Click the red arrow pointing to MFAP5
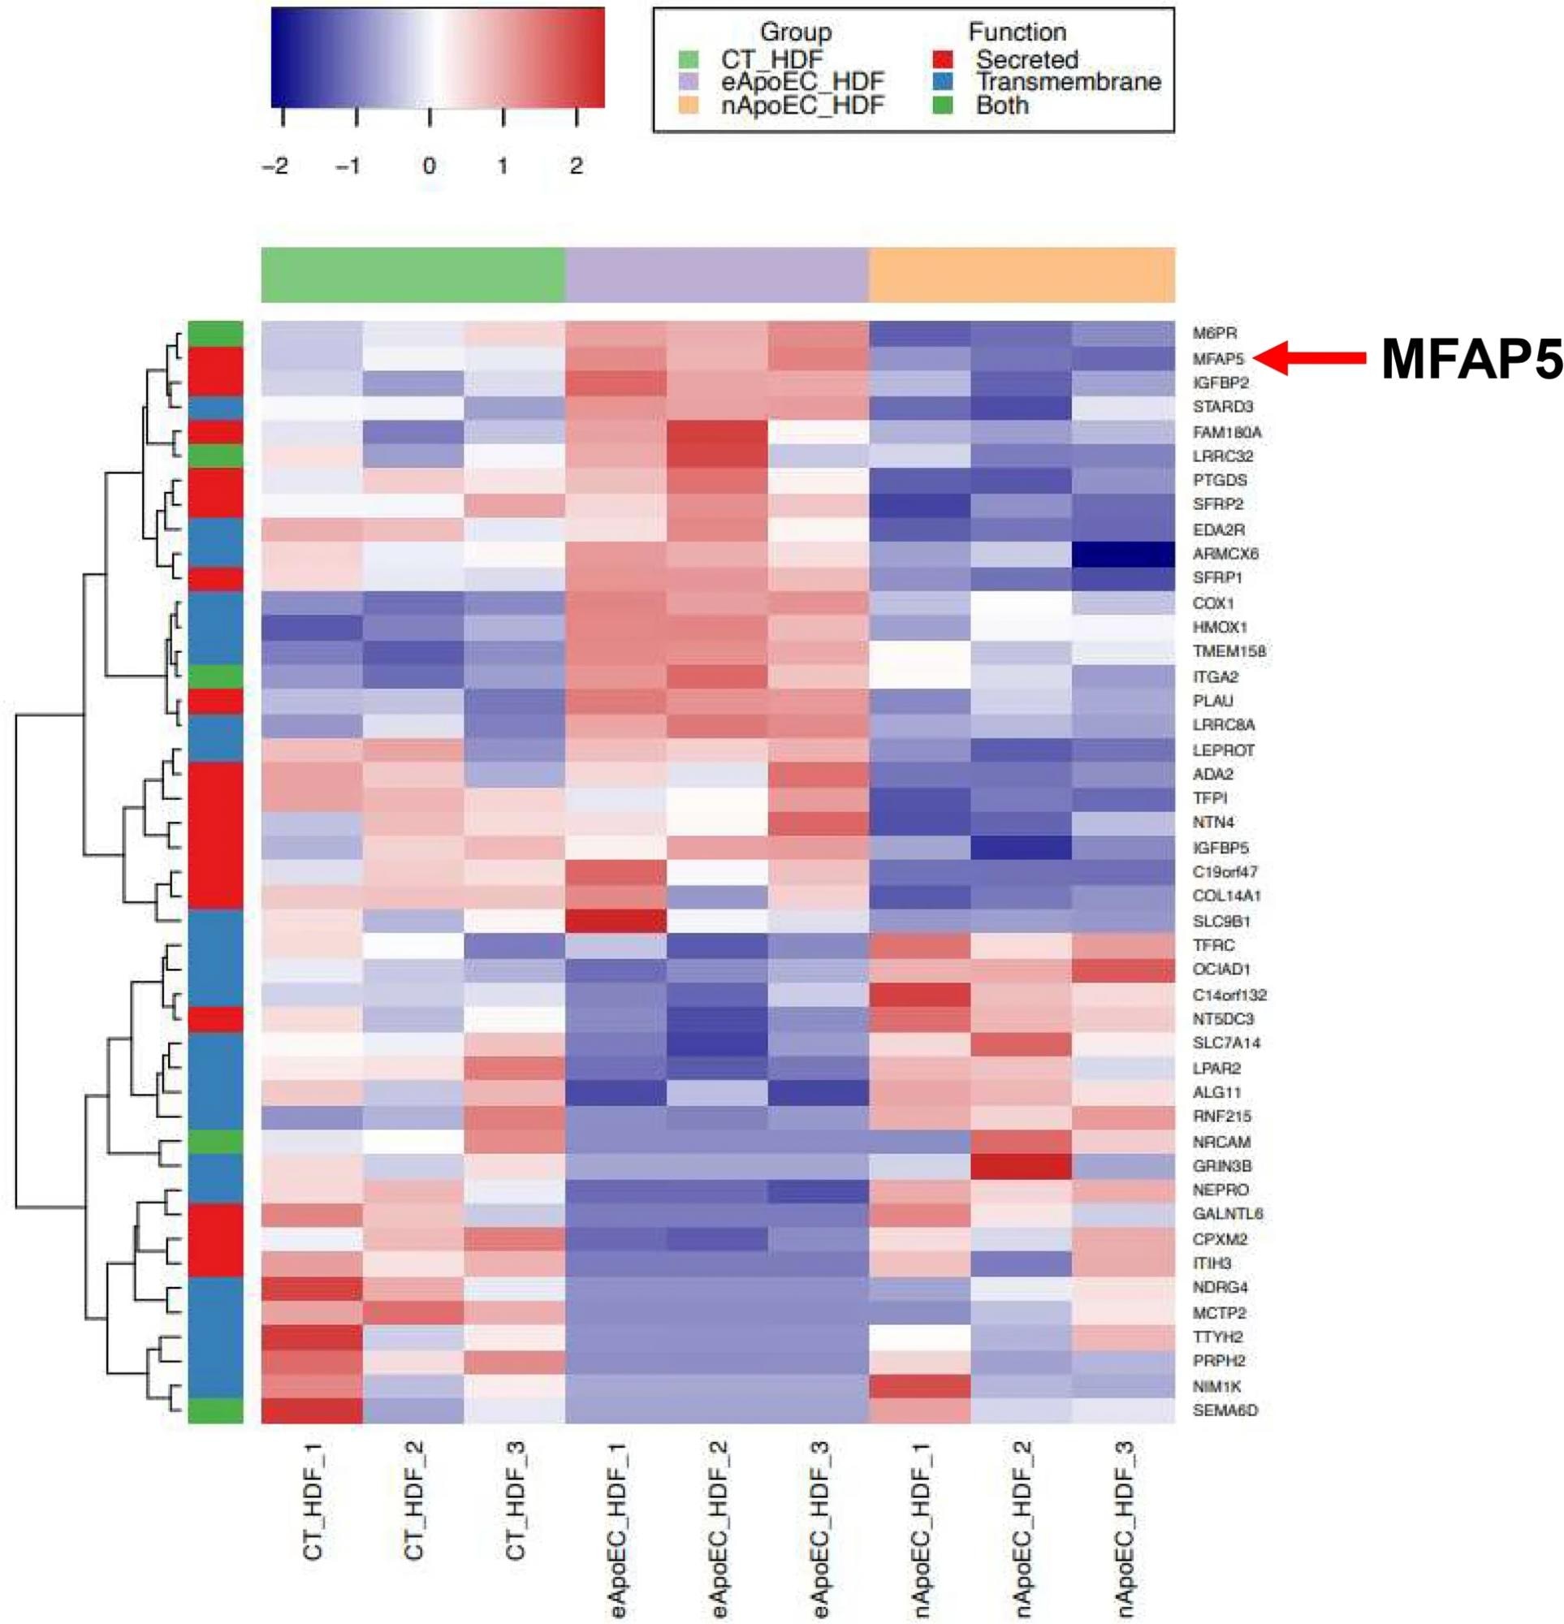(x=1310, y=358)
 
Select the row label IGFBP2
(x=1221, y=383)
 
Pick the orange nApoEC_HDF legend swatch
(x=688, y=106)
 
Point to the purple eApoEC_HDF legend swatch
(x=688, y=83)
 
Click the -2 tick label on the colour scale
(x=275, y=166)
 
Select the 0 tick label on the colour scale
(x=429, y=166)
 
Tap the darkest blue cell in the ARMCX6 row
(x=1123, y=554)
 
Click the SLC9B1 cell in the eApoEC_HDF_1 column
(x=616, y=921)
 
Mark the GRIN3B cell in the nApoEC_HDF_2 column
(x=1021, y=1166)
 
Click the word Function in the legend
(x=1017, y=32)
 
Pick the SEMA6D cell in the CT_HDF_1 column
(x=312, y=1410)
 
